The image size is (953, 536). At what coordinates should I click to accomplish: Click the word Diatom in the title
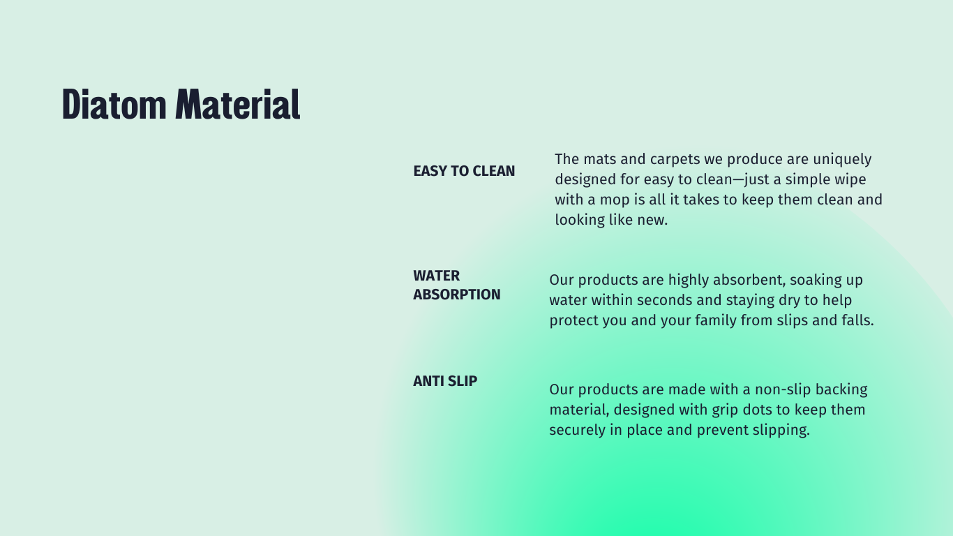[x=114, y=104]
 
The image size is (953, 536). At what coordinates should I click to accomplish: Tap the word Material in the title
[x=238, y=104]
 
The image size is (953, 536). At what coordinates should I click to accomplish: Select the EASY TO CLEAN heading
[x=464, y=171]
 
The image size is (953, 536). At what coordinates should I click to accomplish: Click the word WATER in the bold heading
[x=437, y=276]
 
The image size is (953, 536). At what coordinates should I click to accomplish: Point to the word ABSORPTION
[x=457, y=295]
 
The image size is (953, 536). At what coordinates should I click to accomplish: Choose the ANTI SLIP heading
[x=445, y=381]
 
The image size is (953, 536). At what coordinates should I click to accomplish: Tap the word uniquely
[x=842, y=160]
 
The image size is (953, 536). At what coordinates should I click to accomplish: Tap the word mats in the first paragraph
[x=600, y=160]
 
